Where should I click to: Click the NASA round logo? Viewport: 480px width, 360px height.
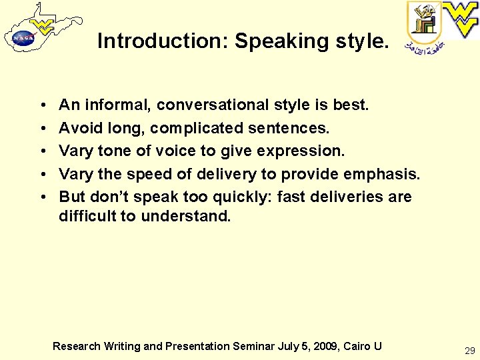click(x=23, y=39)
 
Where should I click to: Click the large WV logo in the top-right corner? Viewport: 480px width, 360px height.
click(x=461, y=19)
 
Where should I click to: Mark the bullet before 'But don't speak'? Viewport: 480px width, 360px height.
click(x=42, y=197)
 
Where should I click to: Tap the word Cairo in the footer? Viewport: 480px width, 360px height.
click(x=357, y=346)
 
